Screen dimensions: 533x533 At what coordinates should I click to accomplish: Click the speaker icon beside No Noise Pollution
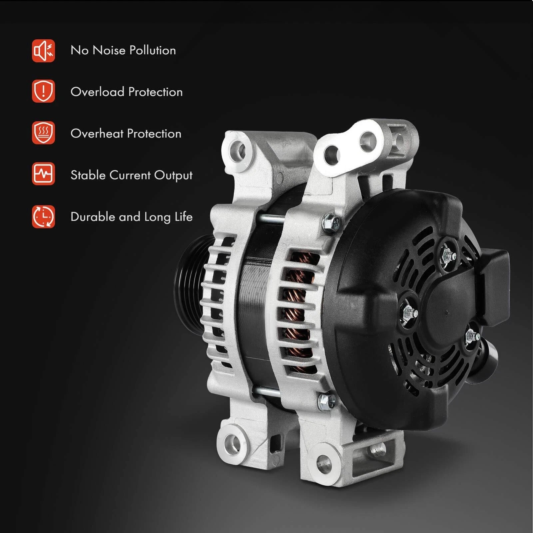tap(43, 51)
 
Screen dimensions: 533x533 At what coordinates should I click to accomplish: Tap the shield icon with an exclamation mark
tap(43, 91)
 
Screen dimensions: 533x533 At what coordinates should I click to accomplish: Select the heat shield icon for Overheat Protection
tap(43, 133)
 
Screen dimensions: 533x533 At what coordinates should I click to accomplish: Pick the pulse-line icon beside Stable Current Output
tap(43, 174)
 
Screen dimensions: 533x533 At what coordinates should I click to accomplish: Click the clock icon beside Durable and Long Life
tap(43, 217)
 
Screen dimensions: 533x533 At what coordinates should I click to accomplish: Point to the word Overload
tap(98, 92)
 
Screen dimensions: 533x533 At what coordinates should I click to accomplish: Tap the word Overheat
tap(97, 133)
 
